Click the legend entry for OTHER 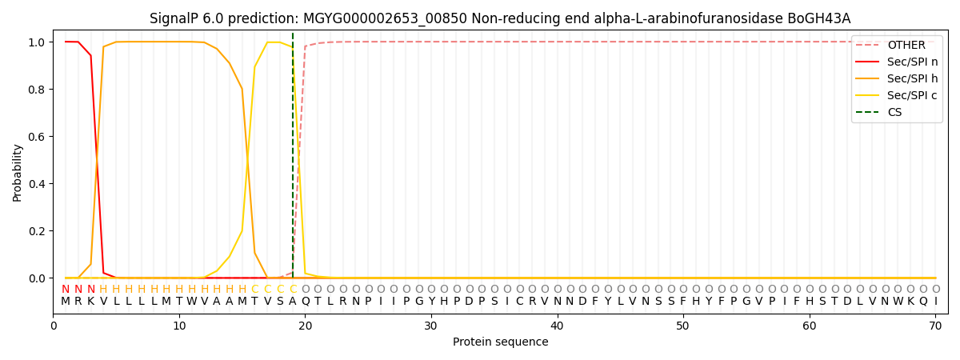tap(906, 46)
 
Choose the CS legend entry tap(894, 113)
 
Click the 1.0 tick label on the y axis tap(38, 42)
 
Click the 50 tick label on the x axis tap(683, 326)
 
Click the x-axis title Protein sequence tap(500, 342)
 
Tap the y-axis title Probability tap(18, 172)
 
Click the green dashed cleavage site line tap(293, 160)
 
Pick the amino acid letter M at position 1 tap(66, 302)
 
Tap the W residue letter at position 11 tap(192, 302)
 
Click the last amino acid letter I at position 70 tap(935, 302)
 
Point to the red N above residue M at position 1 tap(66, 289)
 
